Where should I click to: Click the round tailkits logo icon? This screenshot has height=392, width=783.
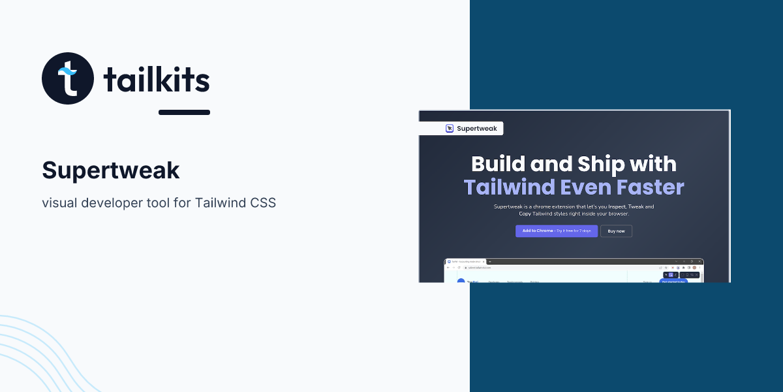point(68,78)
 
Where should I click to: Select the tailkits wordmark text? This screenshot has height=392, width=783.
point(157,80)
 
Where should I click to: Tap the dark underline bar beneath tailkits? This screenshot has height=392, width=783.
point(184,112)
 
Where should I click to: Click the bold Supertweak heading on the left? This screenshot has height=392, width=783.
point(110,171)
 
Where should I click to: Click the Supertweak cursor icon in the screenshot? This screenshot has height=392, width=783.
point(450,129)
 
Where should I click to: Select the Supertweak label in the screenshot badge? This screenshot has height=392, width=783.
point(477,129)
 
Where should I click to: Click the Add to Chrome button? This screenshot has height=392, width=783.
point(556,231)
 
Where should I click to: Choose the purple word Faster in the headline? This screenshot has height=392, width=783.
point(649,188)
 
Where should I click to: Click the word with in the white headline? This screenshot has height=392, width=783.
point(654,163)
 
